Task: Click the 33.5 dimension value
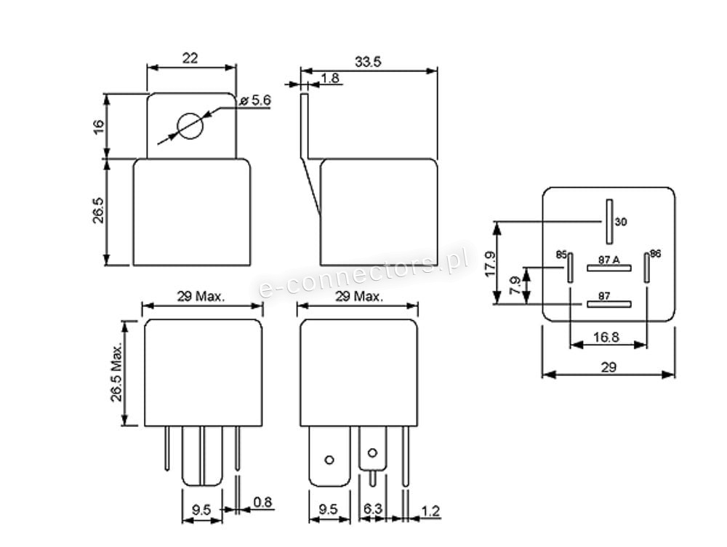pos(368,62)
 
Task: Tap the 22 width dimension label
pos(190,58)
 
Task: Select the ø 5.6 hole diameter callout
pos(255,100)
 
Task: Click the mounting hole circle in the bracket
pos(190,126)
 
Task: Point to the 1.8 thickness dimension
pos(329,78)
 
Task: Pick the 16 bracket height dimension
pos(99,127)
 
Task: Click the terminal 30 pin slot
pos(609,222)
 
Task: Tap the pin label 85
pos(561,255)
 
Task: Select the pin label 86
pos(655,253)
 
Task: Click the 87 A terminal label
pos(608,260)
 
